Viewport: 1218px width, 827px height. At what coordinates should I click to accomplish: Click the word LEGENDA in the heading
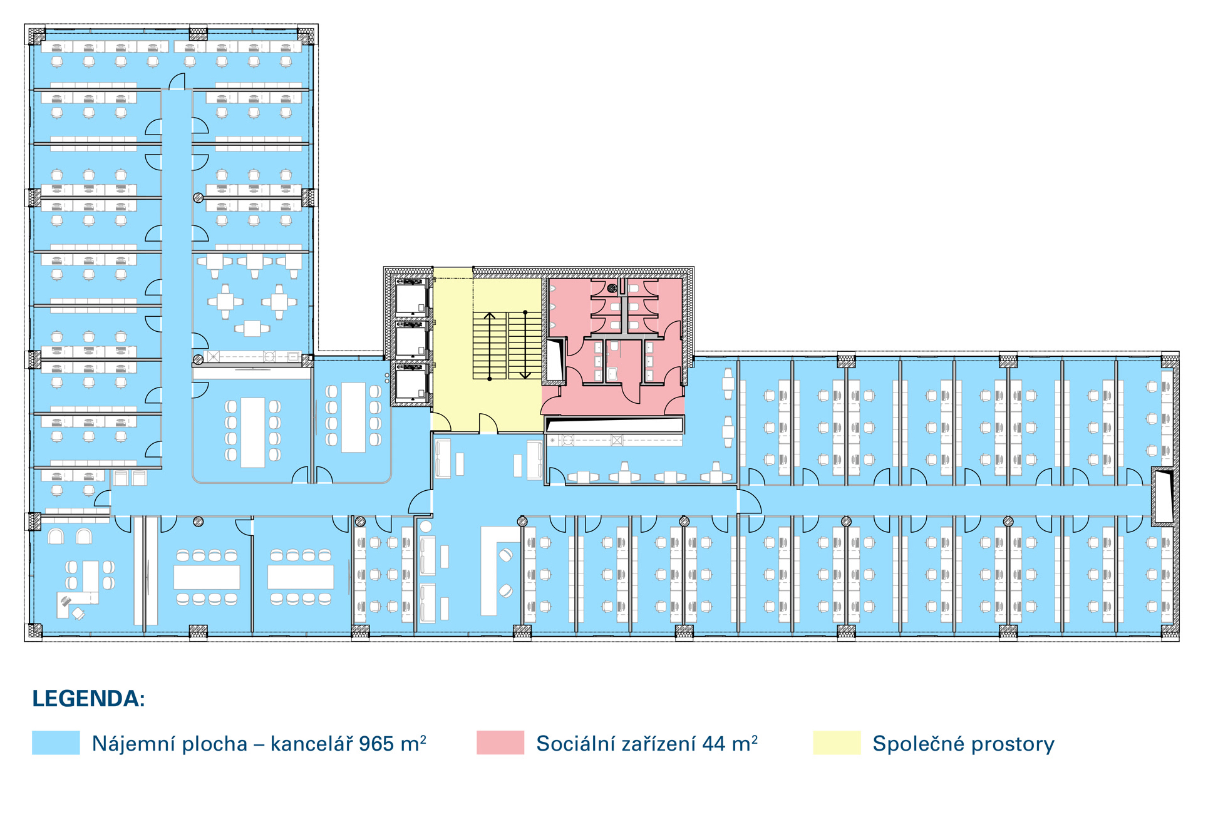click(x=86, y=699)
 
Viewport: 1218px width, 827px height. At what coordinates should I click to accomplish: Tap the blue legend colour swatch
click(x=56, y=742)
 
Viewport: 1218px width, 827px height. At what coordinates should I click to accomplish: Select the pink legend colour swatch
click(x=500, y=742)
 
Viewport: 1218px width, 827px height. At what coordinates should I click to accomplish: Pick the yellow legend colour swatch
click(x=837, y=742)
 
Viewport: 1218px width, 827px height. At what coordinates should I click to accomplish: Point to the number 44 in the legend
click(x=714, y=744)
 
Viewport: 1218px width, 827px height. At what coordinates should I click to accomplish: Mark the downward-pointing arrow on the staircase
click(x=525, y=345)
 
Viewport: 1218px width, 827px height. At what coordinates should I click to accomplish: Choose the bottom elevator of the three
click(x=411, y=384)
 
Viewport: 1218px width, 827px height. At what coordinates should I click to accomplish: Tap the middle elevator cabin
click(x=411, y=341)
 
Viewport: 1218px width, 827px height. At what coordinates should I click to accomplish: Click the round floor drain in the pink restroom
click(x=612, y=288)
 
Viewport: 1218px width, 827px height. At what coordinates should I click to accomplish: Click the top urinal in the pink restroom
click(x=553, y=289)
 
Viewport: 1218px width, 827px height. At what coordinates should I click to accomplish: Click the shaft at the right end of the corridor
click(x=1163, y=496)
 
